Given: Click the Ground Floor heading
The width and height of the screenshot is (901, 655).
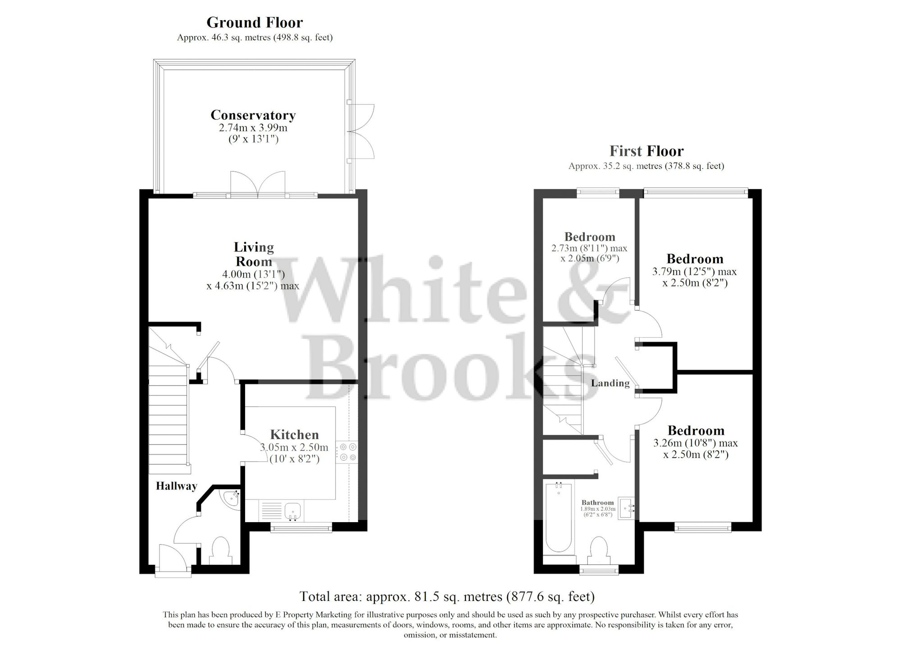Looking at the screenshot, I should pos(255,22).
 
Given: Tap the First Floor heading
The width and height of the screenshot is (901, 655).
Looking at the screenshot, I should pos(646,150).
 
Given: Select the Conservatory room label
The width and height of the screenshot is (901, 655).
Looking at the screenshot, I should pos(253,115).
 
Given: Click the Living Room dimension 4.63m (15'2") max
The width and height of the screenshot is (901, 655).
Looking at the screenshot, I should pos(253,286).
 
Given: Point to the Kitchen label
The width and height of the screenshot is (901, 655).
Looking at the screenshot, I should pos(294,434).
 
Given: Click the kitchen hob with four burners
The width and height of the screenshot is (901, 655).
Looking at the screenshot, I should pos(348,452).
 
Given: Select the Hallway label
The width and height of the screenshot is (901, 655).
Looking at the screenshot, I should pos(177,486).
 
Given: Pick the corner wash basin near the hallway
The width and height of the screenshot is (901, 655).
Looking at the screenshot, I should pos(231,499).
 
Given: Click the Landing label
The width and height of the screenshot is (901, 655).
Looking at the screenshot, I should pos(610,383).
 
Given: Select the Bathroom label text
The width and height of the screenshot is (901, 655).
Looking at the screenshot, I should pos(597,503).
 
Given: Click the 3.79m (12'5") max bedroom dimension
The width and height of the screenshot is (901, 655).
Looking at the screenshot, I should pos(694,272).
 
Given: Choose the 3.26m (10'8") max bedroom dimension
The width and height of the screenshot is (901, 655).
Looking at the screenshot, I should pos(696,443).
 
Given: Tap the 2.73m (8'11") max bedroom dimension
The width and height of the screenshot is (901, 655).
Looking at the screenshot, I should pos(589,248).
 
